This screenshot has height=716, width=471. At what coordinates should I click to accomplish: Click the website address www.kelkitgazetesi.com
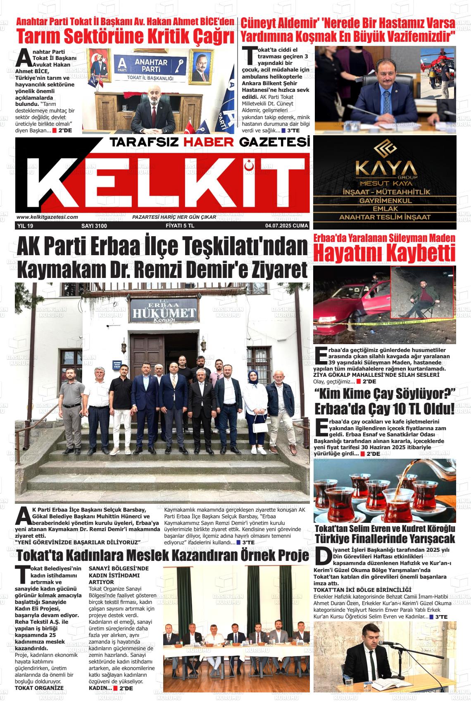[x=47, y=217]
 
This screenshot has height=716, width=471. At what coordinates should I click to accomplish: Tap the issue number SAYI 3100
[x=94, y=226]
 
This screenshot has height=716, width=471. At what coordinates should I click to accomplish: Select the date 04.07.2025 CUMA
[x=287, y=226]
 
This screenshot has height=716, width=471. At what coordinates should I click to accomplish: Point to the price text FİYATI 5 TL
[x=183, y=226]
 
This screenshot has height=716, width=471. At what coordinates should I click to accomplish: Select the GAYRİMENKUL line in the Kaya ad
[x=385, y=201]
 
